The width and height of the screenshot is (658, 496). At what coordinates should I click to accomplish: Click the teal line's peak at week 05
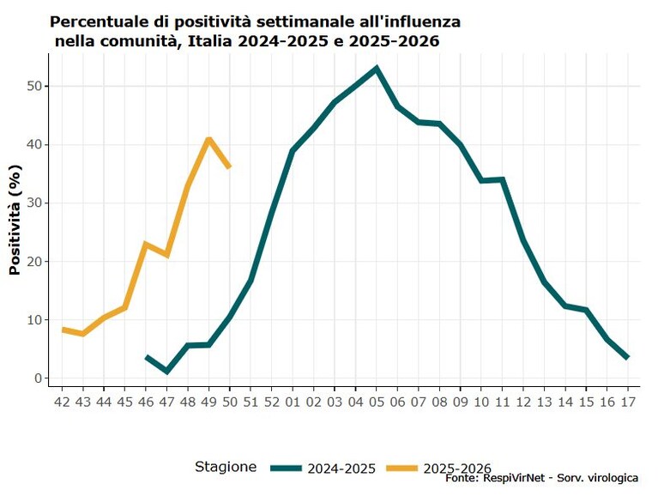[x=377, y=68]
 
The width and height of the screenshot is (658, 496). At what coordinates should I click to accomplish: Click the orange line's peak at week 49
[x=208, y=138]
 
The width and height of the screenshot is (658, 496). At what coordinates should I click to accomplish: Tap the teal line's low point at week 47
[x=167, y=372]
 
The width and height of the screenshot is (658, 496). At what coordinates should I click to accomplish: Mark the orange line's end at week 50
[x=230, y=166]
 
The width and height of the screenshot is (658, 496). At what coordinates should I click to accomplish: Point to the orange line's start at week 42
[x=63, y=330]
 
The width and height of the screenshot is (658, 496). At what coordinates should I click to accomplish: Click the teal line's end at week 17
[x=627, y=357]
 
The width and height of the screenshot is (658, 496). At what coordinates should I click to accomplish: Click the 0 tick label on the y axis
[x=39, y=378]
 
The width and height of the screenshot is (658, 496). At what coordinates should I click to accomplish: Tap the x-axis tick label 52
[x=271, y=402]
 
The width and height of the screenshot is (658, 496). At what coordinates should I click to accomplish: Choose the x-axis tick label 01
[x=293, y=402]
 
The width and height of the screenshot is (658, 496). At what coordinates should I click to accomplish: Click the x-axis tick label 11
[x=503, y=402]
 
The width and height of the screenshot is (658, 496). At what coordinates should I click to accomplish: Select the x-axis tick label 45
[x=124, y=402]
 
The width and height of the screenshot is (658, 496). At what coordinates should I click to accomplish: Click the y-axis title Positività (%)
[x=15, y=220]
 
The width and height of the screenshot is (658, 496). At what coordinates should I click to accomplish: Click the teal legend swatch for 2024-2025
[x=286, y=468]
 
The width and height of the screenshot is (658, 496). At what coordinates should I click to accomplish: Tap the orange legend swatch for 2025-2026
[x=402, y=468]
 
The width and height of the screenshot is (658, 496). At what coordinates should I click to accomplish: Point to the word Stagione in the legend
[x=226, y=467]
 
